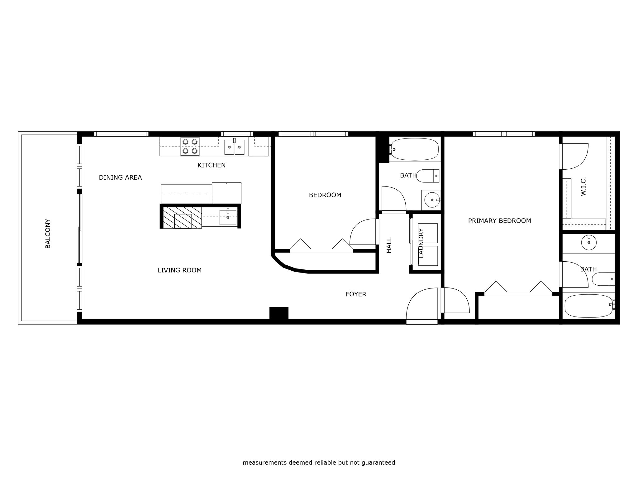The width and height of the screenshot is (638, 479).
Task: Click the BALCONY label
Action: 48,234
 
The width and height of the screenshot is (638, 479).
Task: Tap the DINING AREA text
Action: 120,177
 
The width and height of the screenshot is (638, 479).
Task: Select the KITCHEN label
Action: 212,165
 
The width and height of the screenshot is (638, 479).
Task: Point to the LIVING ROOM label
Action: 180,270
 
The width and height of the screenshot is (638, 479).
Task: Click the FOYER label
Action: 356,294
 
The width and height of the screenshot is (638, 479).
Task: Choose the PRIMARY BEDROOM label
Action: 500,221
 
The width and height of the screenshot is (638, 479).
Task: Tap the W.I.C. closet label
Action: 583,186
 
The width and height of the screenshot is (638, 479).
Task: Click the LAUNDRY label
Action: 421,243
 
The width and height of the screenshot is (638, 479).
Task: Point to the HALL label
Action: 389,245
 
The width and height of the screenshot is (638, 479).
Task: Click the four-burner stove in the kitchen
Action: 190,146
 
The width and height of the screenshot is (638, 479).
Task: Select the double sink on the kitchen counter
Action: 234,147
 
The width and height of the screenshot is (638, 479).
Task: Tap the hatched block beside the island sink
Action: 183,218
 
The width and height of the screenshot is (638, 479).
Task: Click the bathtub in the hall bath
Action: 415,149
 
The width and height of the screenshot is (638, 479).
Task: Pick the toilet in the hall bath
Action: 428,176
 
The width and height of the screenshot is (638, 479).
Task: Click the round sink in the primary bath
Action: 589,243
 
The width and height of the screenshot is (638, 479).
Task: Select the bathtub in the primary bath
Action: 589,306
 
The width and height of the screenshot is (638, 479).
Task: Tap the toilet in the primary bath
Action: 603,279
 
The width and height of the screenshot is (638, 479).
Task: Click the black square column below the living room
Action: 279,313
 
